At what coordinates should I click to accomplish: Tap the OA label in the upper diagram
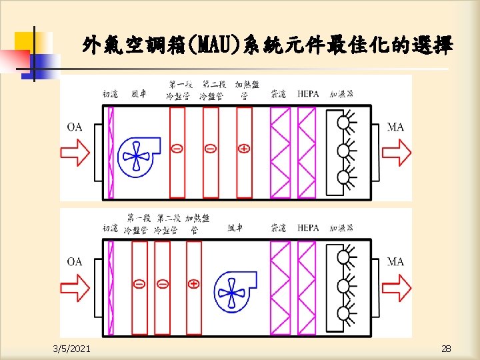point(75,127)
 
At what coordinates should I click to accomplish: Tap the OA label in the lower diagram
point(75,261)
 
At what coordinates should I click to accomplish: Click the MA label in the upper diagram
point(395,127)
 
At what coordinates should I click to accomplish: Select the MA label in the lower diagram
point(395,261)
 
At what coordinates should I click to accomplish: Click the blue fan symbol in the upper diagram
point(138,157)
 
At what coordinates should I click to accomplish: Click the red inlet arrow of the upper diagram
point(75,154)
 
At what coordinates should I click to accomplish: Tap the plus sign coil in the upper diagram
point(245,148)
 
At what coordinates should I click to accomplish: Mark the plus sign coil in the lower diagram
point(194,283)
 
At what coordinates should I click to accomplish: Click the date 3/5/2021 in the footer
point(73,348)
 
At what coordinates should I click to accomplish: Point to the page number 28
point(445,348)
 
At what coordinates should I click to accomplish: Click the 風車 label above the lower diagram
point(235,228)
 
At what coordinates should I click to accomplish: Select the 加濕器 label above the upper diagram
point(341,94)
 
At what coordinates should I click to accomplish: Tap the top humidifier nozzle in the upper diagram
point(345,122)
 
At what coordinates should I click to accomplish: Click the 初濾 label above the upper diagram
point(111,94)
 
